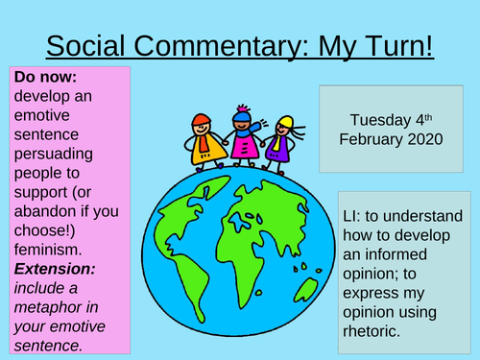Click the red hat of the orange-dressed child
pyautogui.click(x=201, y=119)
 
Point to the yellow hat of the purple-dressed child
pyautogui.click(x=284, y=124)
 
